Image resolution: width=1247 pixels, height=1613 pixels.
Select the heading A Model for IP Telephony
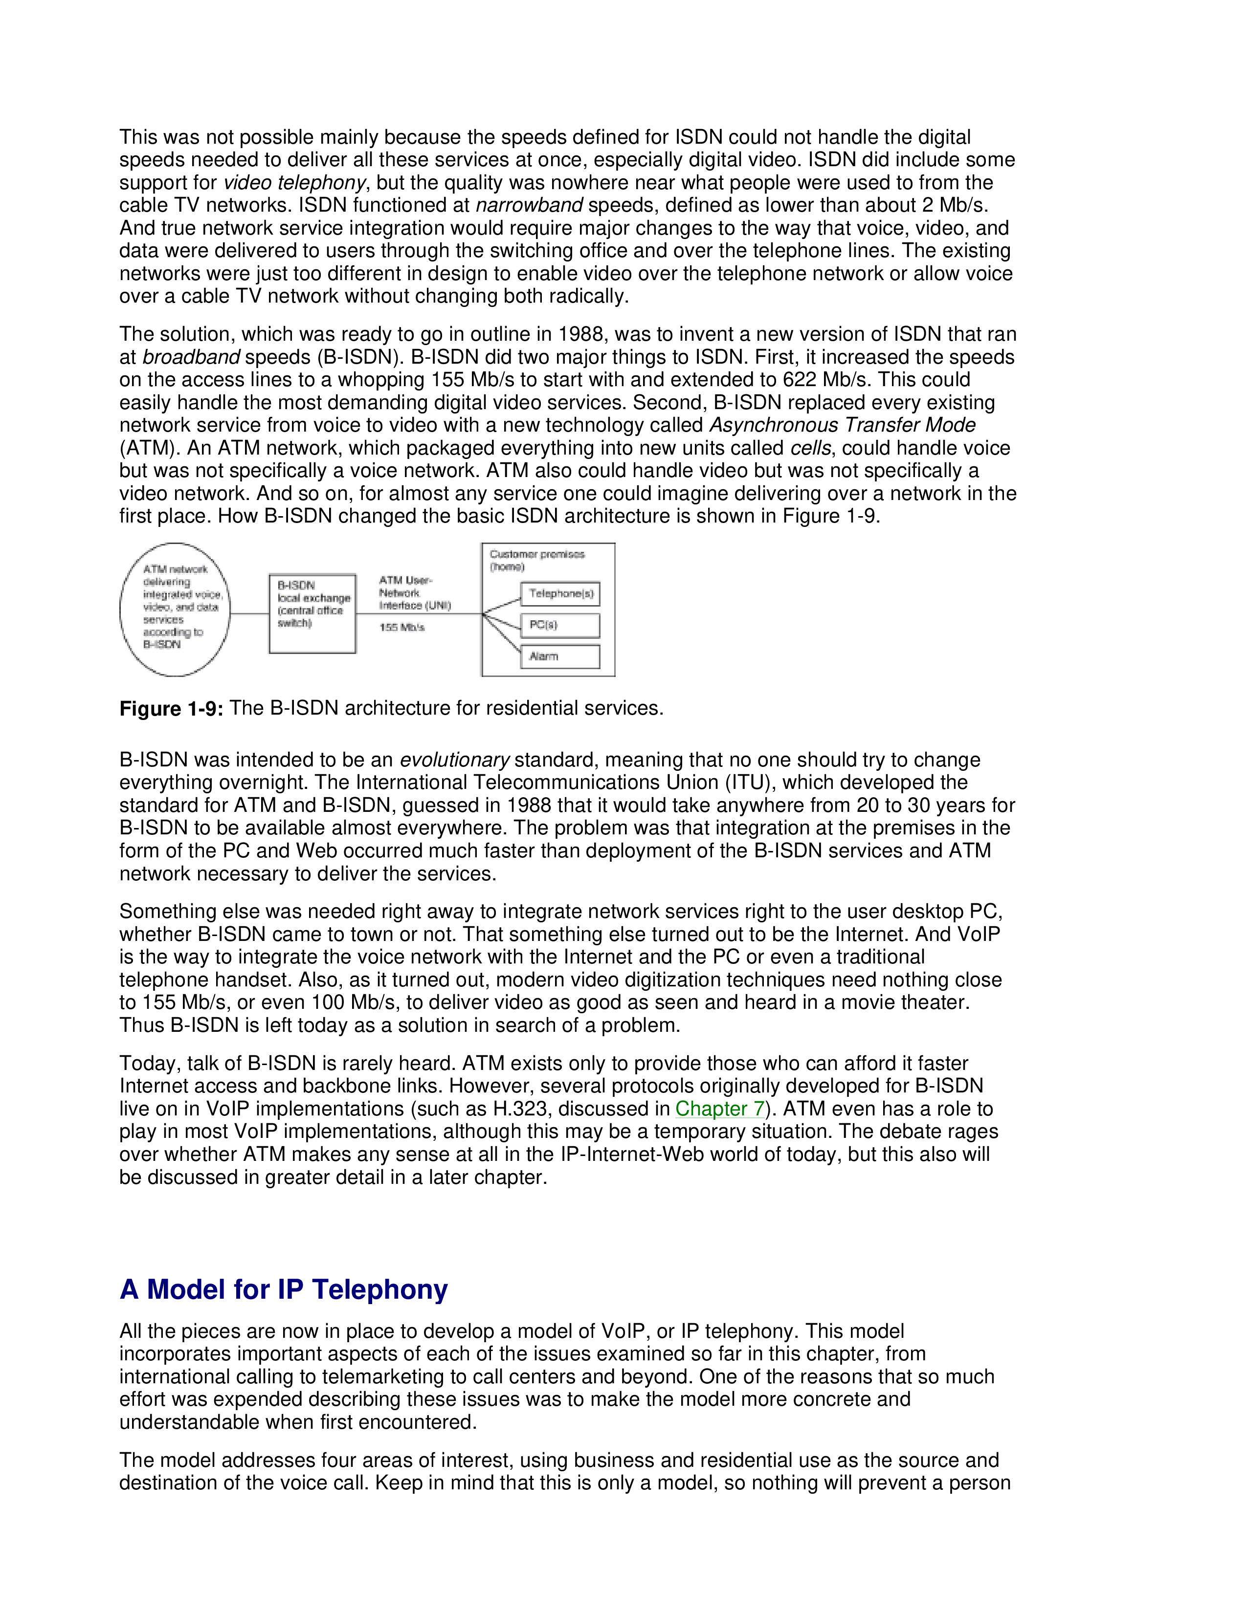pyautogui.click(x=284, y=1289)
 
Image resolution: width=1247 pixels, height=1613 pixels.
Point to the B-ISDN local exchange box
pyautogui.click(x=312, y=614)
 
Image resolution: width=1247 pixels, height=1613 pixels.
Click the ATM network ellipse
pyautogui.click(x=175, y=610)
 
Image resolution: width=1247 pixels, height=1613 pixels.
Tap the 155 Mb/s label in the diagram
pyautogui.click(x=402, y=628)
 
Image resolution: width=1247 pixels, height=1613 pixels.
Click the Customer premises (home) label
pyautogui.click(x=537, y=561)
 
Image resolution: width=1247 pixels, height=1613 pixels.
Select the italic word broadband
pyautogui.click(x=191, y=357)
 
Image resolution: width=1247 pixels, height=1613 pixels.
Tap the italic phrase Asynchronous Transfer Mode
pyautogui.click(x=842, y=425)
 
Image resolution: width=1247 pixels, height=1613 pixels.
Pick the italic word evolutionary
pyautogui.click(x=454, y=760)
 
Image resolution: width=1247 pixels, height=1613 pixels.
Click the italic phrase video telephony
pyautogui.click(x=294, y=182)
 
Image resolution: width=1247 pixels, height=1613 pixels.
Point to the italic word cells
pyautogui.click(x=810, y=448)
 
